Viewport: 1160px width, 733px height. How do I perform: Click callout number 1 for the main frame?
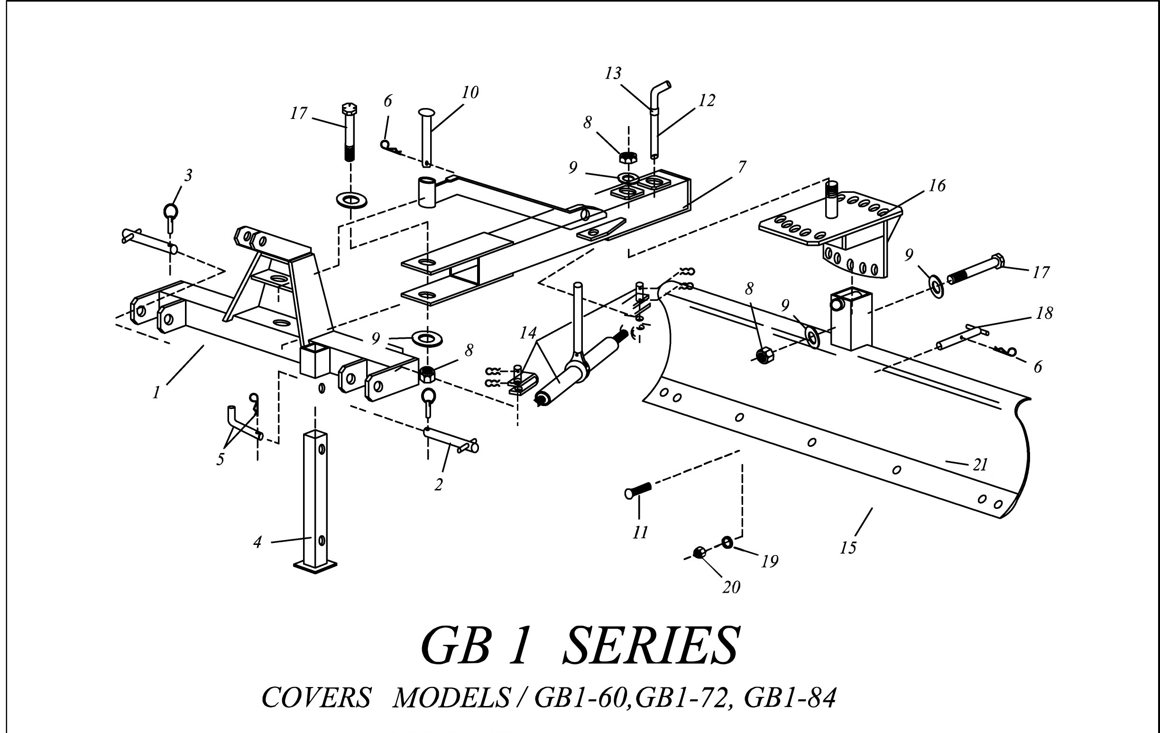(156, 393)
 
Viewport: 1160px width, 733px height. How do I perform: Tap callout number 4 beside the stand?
(257, 543)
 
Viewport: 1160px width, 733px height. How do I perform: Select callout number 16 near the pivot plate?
(937, 185)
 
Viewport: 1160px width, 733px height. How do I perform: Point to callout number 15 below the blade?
(848, 548)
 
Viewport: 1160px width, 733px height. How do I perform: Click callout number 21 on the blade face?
(980, 465)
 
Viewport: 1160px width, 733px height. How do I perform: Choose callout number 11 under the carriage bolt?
(640, 532)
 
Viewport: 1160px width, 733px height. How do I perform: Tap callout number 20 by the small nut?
(731, 587)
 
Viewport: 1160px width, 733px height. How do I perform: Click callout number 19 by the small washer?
(770, 561)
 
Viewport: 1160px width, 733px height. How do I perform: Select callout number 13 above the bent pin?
(613, 73)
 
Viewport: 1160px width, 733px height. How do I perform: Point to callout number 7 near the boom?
(742, 167)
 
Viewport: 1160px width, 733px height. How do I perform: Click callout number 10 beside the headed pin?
(470, 92)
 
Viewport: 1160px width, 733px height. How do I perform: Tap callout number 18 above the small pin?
(1044, 313)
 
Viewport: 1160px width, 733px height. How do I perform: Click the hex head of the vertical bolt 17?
(349, 109)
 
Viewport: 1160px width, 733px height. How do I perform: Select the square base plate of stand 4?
(314, 569)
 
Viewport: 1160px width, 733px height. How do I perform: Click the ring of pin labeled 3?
(171, 210)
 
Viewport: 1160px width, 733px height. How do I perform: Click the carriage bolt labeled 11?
(638, 491)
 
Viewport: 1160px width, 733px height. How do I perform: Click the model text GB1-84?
(790, 697)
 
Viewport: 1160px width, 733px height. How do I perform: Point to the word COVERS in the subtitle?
(316, 697)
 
